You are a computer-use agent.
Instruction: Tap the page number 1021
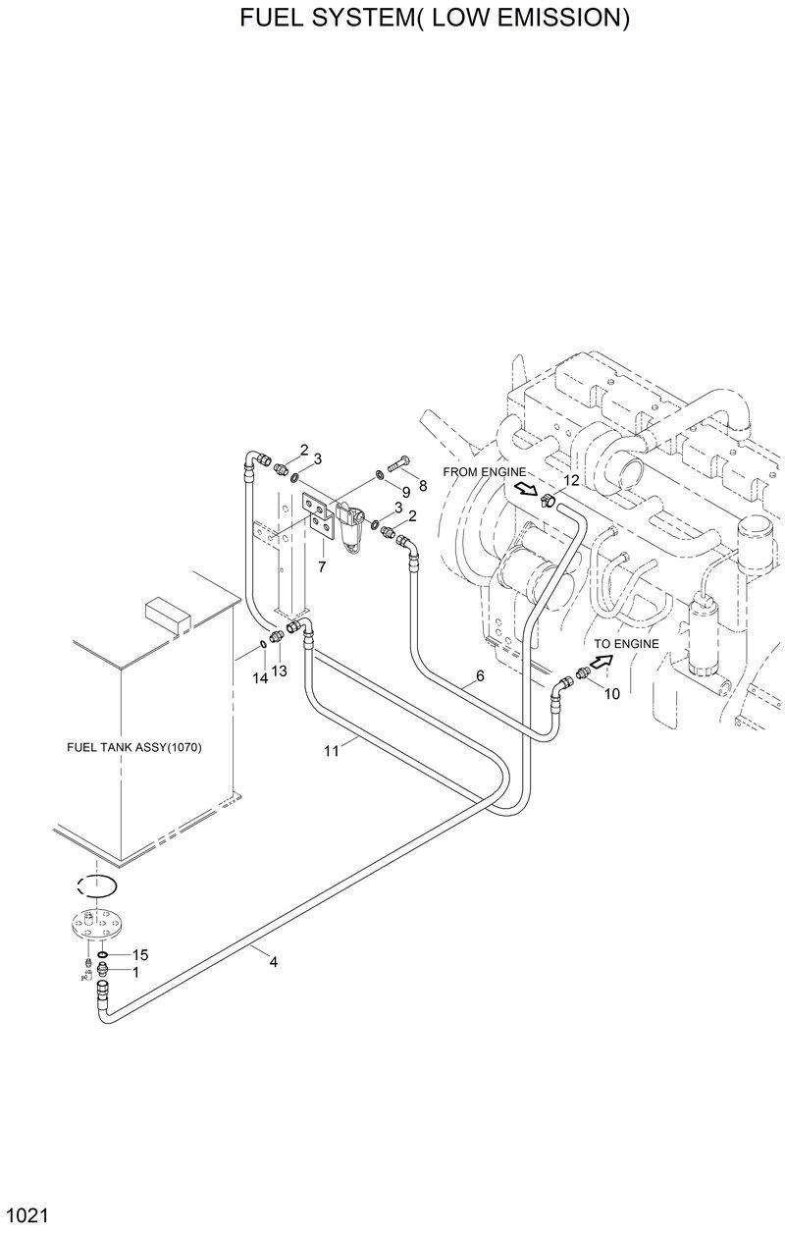26,1216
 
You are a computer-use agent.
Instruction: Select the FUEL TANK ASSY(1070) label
133,747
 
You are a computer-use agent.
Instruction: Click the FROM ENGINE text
485,472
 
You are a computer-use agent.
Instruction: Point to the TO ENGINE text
626,644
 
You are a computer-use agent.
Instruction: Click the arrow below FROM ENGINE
526,490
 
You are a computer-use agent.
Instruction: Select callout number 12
570,480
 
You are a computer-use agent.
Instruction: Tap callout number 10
611,693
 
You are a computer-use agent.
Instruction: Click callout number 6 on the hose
480,675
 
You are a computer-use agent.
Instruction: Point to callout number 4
274,962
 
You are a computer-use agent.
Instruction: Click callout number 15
140,954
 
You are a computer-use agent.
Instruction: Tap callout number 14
260,678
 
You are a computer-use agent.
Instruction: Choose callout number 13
280,671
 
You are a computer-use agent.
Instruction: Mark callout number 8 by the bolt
423,485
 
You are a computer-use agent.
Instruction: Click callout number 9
404,491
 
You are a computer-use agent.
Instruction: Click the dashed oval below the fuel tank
96,885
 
